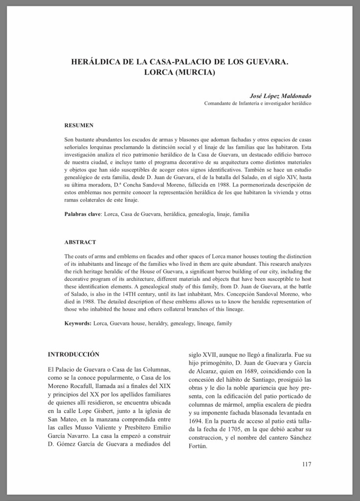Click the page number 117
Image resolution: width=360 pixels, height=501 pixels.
306,464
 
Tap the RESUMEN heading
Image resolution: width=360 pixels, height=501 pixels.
79,125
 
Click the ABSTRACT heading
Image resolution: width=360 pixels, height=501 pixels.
80,242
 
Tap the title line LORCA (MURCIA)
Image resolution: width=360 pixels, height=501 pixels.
180,73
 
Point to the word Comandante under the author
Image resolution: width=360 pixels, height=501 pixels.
218,104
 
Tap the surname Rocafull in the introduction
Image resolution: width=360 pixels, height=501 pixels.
86,386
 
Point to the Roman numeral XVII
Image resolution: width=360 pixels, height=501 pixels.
212,357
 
